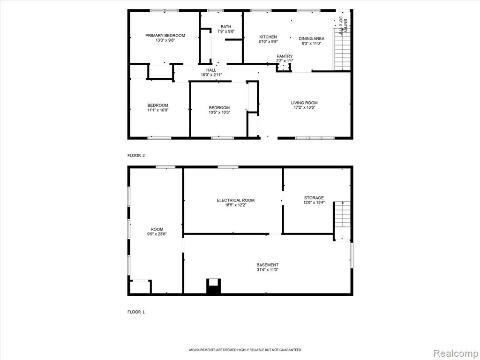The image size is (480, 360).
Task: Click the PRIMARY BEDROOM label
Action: click(x=165, y=36)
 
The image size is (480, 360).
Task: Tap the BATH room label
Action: click(x=226, y=27)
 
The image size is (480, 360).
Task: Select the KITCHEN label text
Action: click(x=268, y=37)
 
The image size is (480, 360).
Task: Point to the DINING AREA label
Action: click(x=311, y=38)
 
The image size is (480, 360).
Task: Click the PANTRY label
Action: click(x=285, y=56)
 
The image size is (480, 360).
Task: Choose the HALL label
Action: click(x=211, y=70)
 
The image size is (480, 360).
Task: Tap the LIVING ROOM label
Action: click(x=304, y=103)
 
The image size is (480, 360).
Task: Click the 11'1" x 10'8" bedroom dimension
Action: click(x=158, y=110)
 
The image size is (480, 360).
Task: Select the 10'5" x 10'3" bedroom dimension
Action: click(x=219, y=112)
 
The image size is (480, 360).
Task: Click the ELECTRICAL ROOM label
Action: click(x=236, y=200)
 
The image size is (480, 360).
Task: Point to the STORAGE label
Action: click(x=314, y=198)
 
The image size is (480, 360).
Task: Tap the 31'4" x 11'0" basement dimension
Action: click(x=268, y=270)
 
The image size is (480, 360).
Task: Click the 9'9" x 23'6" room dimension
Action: click(x=157, y=234)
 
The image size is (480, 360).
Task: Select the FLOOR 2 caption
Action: click(x=136, y=156)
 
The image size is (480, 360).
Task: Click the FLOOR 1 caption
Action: click(x=136, y=312)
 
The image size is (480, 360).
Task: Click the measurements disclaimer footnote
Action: click(x=245, y=350)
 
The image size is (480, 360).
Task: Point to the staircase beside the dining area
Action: click(x=342, y=49)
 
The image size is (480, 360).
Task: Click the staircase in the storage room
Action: click(x=342, y=221)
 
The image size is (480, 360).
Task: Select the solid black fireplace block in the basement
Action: click(x=213, y=286)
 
